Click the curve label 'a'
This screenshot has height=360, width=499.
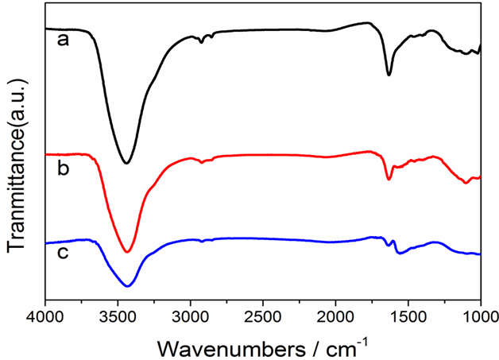tap(62, 40)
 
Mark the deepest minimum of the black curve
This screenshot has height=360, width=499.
tap(126, 163)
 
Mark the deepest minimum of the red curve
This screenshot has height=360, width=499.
tap(126, 252)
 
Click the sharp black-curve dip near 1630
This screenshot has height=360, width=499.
tap(389, 75)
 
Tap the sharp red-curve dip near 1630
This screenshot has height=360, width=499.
tap(389, 180)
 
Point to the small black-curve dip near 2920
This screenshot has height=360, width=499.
tap(202, 42)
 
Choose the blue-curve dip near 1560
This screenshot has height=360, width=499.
tap(400, 254)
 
